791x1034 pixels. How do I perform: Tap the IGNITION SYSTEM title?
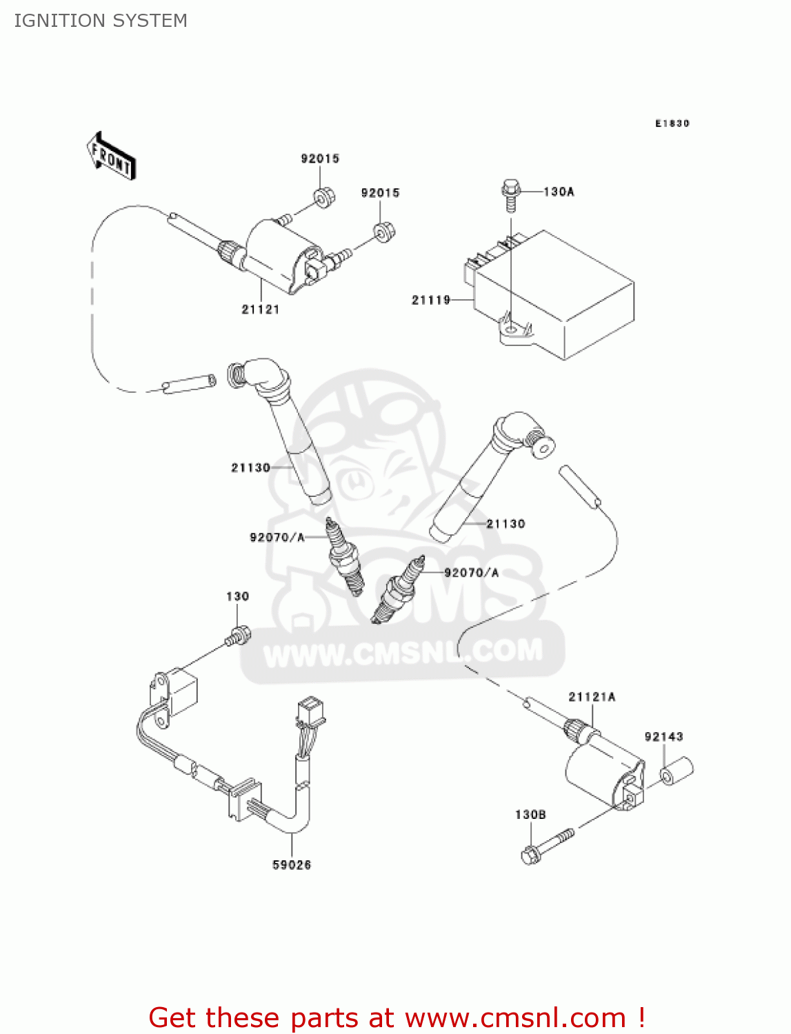[101, 21]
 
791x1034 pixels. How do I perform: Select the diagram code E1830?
[672, 123]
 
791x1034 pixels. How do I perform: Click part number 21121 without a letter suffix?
[261, 310]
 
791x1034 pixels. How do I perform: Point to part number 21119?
[431, 300]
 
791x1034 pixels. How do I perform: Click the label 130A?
[559, 192]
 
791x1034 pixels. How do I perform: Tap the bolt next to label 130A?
[509, 195]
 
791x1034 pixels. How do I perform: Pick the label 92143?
[663, 737]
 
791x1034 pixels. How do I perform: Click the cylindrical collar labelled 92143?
[677, 770]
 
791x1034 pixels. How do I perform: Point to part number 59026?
[292, 864]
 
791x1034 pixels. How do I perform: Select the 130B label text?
[530, 815]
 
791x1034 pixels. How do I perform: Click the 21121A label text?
[592, 697]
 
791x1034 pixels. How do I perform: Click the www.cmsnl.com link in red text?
[515, 1017]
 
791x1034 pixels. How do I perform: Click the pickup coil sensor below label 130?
[176, 693]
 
